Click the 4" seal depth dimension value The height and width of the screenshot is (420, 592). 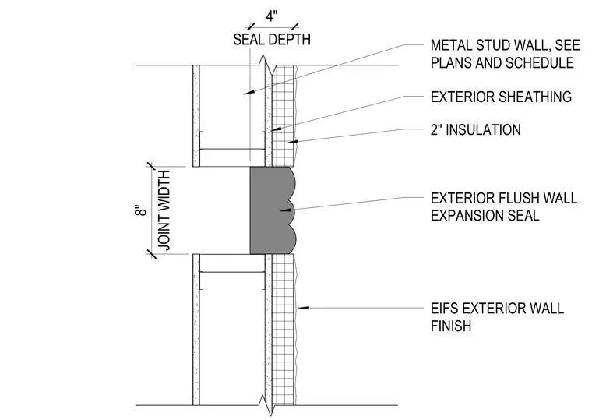coord(272,16)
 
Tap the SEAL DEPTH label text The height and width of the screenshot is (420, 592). coord(272,39)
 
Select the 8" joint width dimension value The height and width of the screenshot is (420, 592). coord(140,210)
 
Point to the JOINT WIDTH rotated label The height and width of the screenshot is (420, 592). coord(164,210)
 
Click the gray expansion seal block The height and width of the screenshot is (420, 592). coord(272,210)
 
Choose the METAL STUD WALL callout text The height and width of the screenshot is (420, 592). coord(506,54)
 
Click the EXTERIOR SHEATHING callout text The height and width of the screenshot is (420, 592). coord(501,97)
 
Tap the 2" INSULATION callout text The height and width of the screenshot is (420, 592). coord(476,130)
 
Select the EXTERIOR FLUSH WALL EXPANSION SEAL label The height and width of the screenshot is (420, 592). coord(504,207)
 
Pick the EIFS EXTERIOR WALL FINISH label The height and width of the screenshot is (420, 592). coord(497,317)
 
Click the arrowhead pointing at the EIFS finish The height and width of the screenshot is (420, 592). coord(303,309)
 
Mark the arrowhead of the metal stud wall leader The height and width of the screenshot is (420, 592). coord(248,91)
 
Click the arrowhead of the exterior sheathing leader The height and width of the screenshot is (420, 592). coord(277,129)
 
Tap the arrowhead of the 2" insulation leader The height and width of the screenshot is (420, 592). coord(292,142)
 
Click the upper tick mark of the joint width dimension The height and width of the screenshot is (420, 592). coord(151,167)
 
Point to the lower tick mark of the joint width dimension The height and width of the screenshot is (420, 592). coord(151,254)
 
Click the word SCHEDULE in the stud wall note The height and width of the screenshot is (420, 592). coord(540,62)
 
